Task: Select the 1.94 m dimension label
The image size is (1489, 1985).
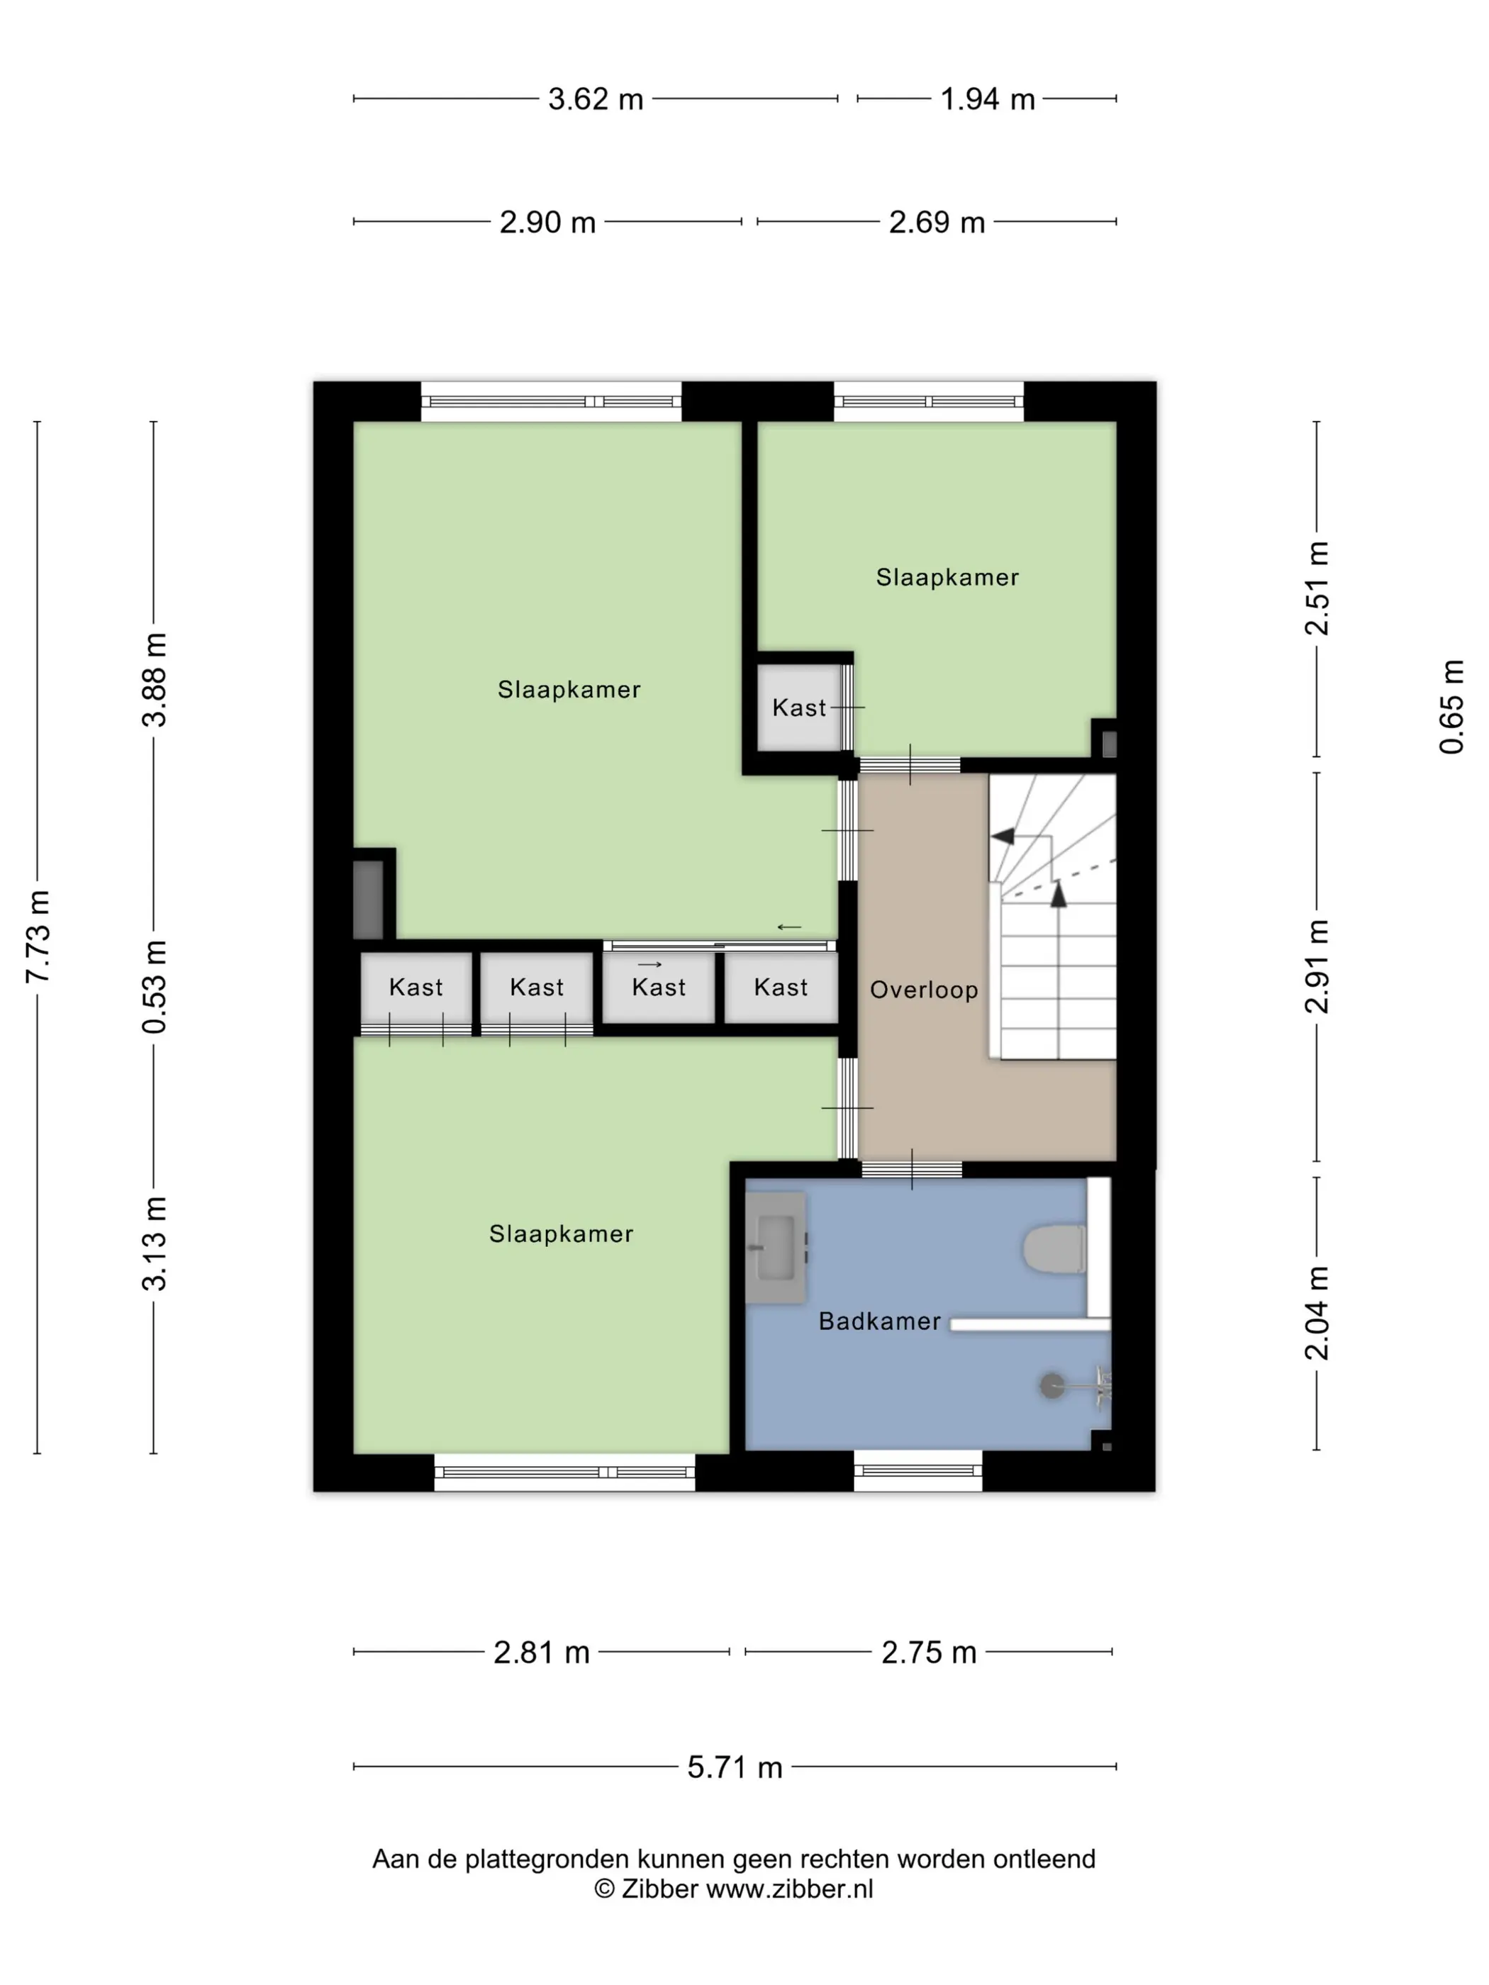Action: click(x=986, y=99)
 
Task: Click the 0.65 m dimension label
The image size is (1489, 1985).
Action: click(x=1451, y=707)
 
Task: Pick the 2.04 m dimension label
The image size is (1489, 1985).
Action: click(x=1317, y=1313)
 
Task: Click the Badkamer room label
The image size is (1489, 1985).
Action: click(x=880, y=1321)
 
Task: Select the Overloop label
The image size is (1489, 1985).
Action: click(x=924, y=990)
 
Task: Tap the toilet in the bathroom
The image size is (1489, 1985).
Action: click(x=1054, y=1248)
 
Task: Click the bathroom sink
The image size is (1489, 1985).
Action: click(x=776, y=1247)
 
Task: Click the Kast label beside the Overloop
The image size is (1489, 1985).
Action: click(x=780, y=987)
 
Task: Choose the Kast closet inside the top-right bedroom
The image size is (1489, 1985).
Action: click(x=800, y=706)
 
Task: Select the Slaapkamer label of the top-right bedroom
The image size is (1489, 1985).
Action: click(x=947, y=577)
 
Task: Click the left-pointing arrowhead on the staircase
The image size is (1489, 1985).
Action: click(x=1003, y=837)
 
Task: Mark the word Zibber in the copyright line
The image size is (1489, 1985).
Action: click(x=659, y=1889)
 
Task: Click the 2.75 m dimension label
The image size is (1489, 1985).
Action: click(x=928, y=1652)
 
